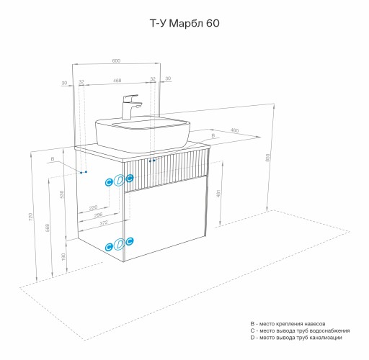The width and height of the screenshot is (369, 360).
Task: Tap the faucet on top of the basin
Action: click(132, 107)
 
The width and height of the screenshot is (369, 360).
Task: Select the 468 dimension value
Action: click(116, 80)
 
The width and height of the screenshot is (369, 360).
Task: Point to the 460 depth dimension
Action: click(234, 130)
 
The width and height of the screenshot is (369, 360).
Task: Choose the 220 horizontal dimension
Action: click(94, 207)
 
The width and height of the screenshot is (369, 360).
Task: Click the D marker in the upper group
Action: click(119, 181)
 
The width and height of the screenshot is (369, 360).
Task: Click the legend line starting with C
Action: click(295, 330)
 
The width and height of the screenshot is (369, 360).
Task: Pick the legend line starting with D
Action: click(291, 338)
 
